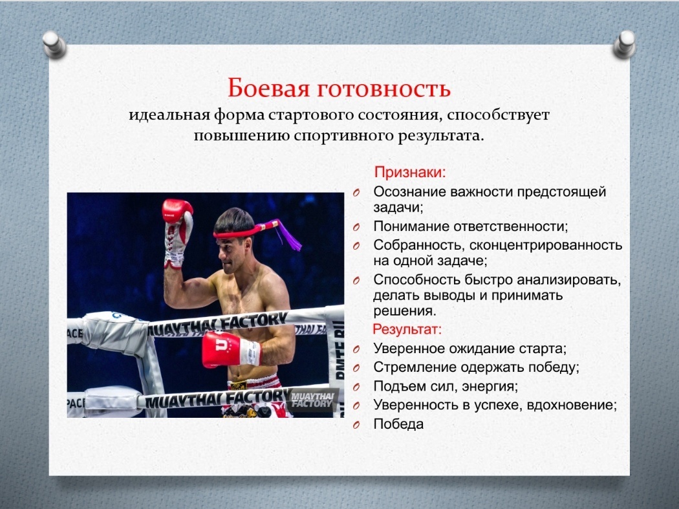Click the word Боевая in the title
pos(268,88)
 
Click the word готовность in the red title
pos(383,89)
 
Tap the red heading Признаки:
pos(409,173)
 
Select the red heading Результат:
pos(407,329)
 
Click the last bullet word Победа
pos(398,424)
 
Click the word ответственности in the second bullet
pos(511,226)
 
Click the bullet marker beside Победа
pos(356,425)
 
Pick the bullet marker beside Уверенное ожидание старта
pos(356,350)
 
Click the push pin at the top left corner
pos(54,44)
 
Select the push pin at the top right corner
pos(625,44)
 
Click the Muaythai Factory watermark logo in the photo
pos(312,400)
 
